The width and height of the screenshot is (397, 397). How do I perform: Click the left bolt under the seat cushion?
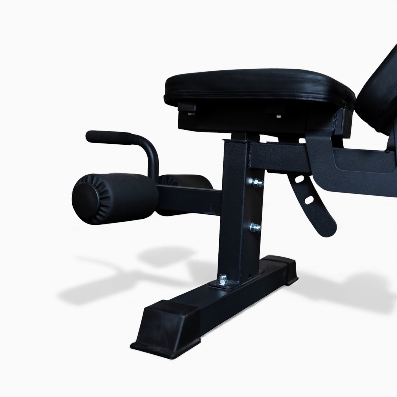click(190, 113)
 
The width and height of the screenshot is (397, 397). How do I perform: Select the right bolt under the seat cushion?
click(279, 116)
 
